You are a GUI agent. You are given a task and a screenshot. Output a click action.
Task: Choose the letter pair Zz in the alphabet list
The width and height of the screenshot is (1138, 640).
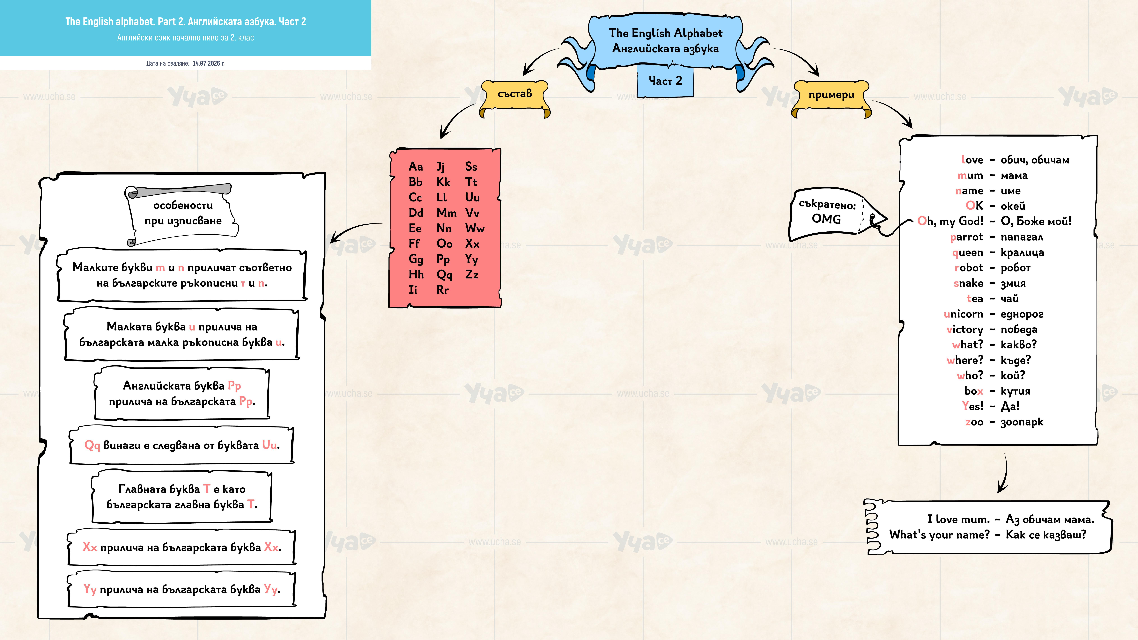(472, 275)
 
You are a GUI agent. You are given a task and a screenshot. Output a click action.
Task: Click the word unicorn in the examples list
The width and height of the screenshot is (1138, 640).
(964, 314)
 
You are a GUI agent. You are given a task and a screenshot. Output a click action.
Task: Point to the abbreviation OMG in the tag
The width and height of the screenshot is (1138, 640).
(826, 219)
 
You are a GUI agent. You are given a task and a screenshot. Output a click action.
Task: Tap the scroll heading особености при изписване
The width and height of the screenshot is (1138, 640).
(183, 213)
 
